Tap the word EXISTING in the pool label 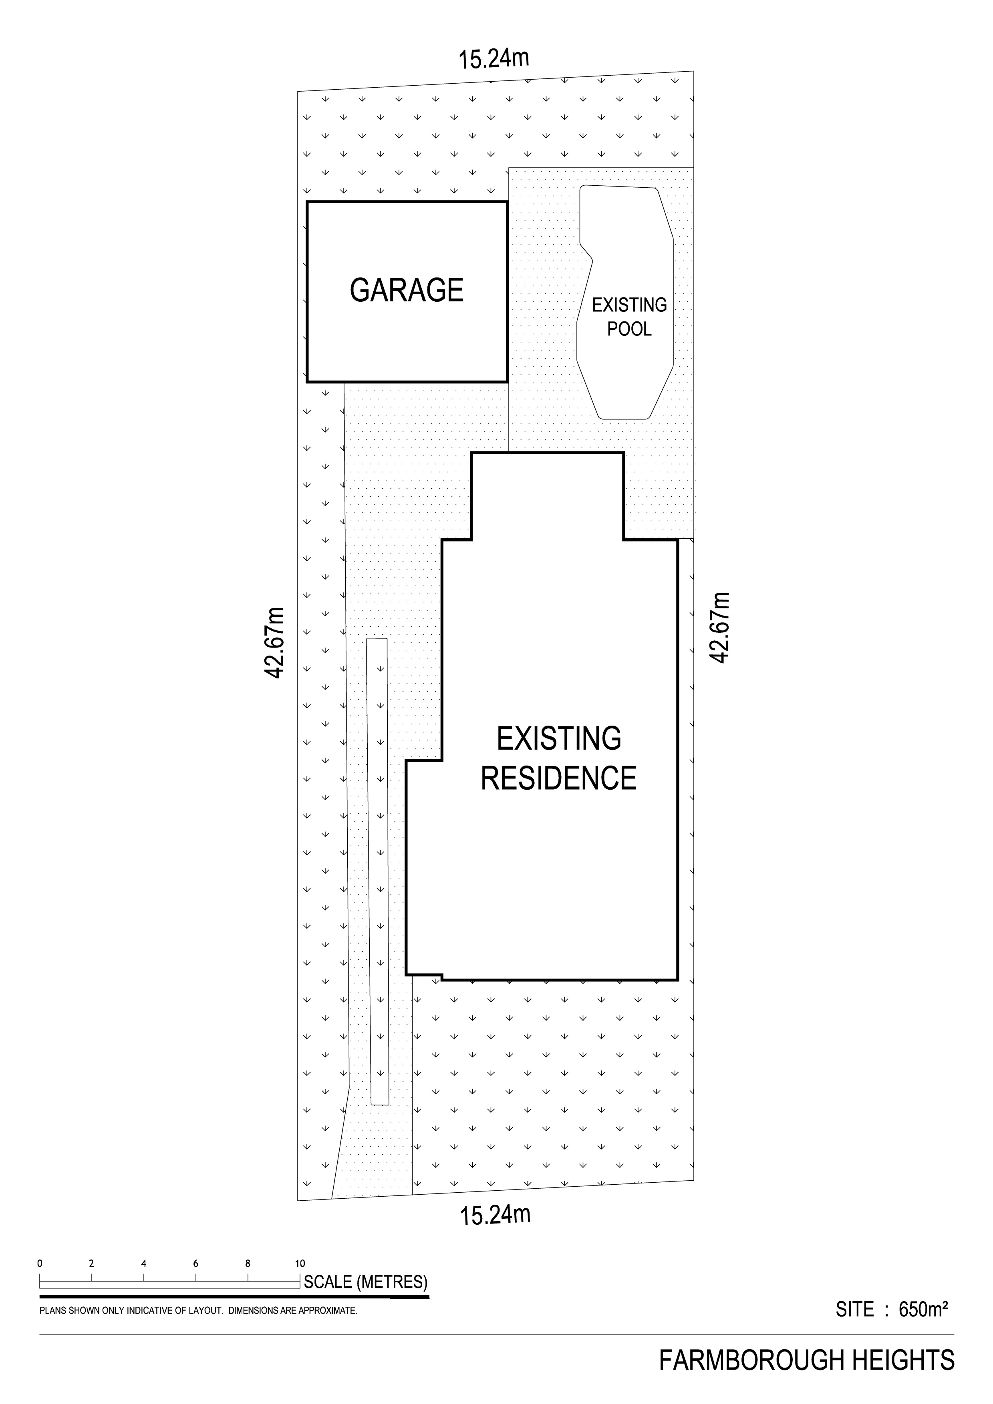629,305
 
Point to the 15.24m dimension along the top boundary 494,59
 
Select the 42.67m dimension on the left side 275,643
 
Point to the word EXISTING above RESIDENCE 559,739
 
